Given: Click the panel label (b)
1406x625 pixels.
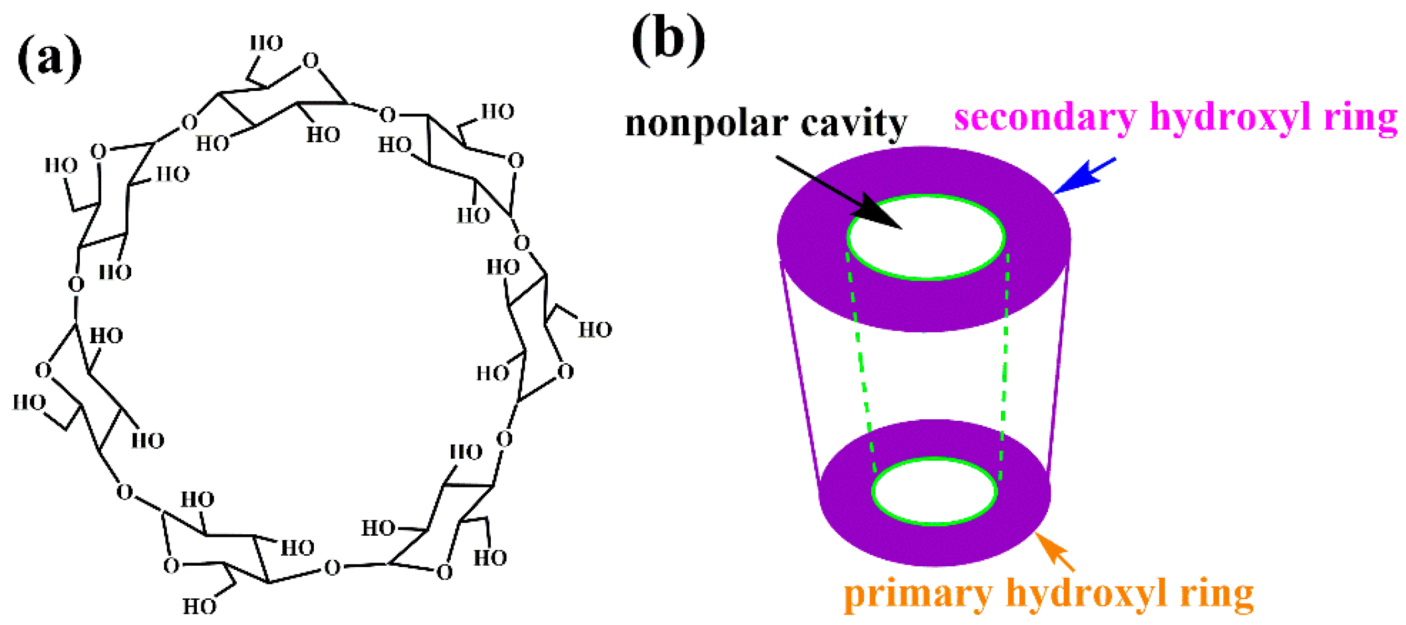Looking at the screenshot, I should (x=668, y=39).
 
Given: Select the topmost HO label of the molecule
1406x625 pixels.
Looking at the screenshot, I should (x=267, y=43).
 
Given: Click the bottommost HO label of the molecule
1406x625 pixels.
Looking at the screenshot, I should (x=199, y=607).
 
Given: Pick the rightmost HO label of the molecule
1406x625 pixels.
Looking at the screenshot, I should (x=595, y=330).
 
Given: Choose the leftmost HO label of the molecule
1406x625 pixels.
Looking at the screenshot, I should (x=29, y=402).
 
